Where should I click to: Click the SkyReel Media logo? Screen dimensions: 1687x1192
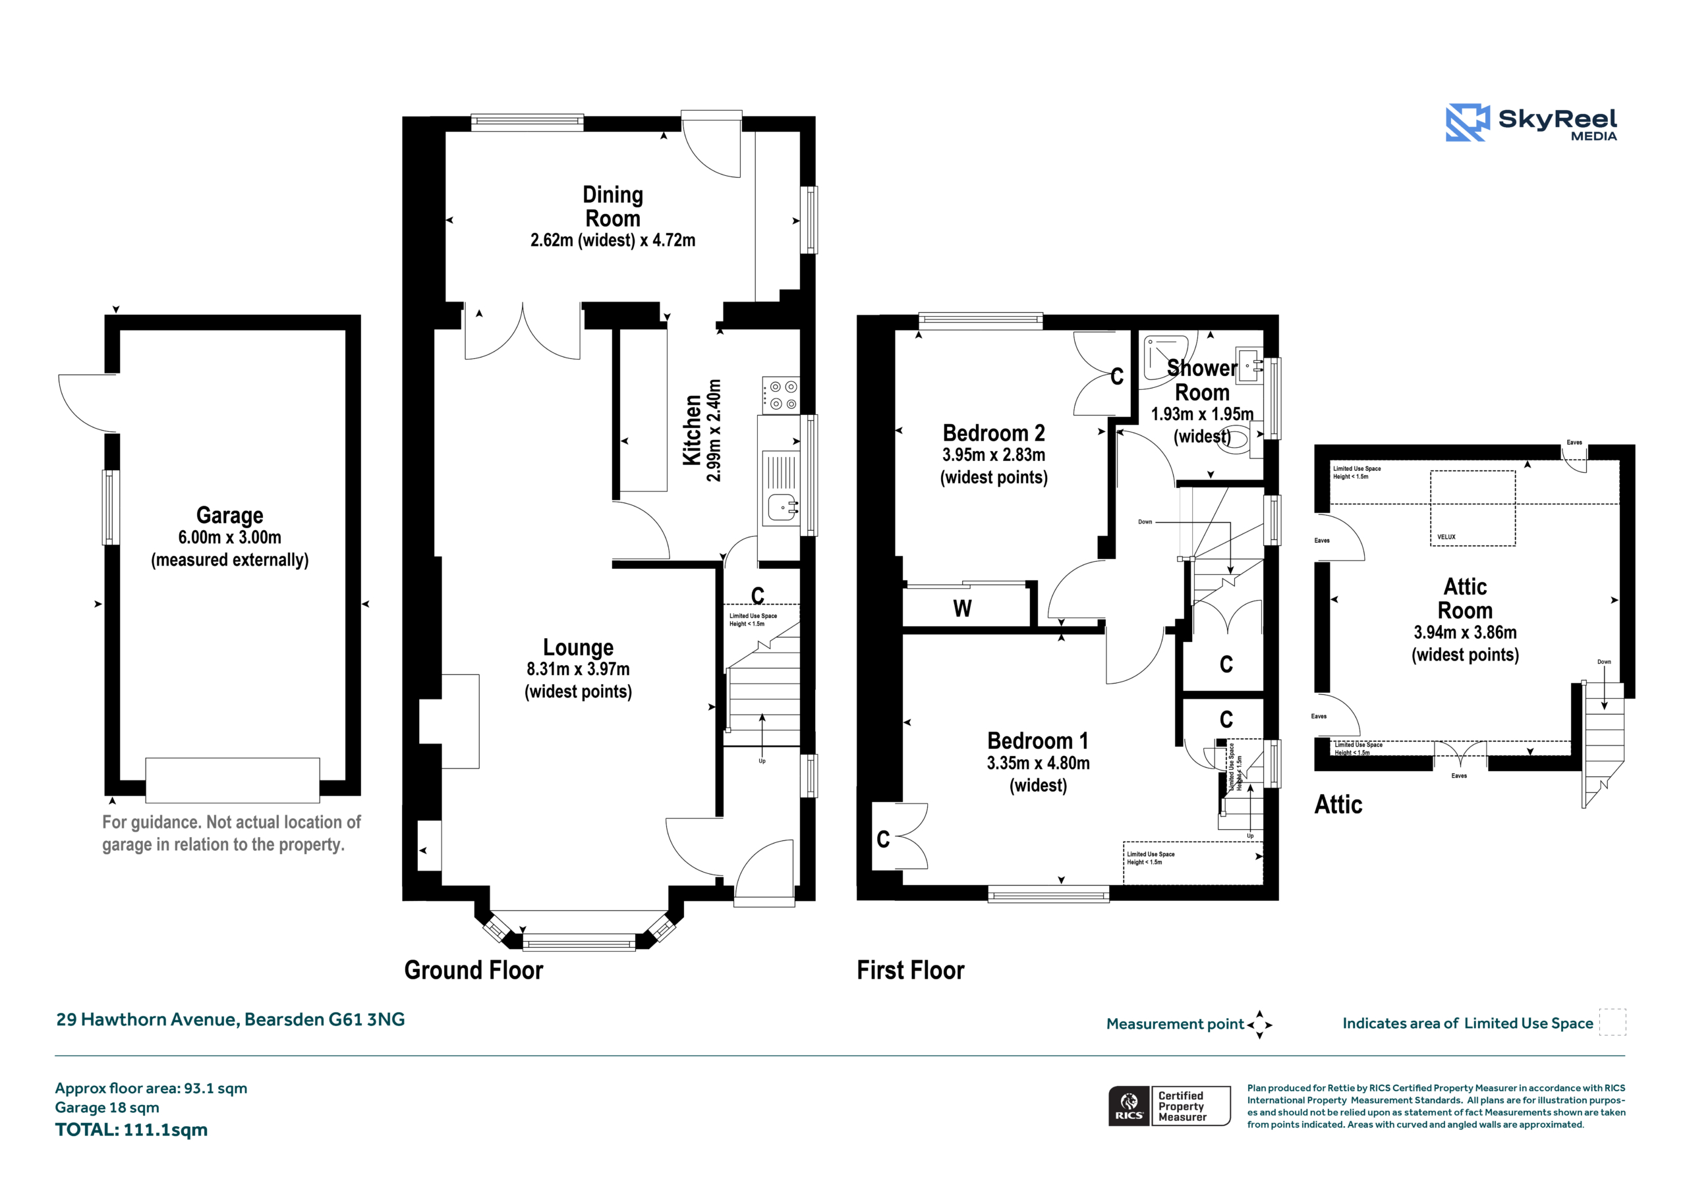point(1531,122)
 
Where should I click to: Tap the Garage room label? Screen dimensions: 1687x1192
point(229,515)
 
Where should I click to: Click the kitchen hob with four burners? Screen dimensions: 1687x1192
point(780,395)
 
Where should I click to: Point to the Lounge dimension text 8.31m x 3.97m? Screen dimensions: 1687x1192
point(577,669)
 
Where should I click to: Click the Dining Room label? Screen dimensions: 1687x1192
point(612,206)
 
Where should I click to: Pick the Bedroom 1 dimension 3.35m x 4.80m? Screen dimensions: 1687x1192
point(1037,763)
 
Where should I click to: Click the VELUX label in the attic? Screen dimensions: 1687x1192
point(1446,537)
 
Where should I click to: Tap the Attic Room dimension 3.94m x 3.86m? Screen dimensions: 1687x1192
point(1464,632)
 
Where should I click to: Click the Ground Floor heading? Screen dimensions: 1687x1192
point(473,970)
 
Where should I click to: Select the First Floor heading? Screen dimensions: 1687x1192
point(910,970)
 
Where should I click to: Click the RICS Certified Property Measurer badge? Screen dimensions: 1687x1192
point(1169,1106)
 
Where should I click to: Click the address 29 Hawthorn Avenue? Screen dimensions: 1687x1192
point(147,1019)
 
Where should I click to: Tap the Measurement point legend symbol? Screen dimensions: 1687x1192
point(1259,1025)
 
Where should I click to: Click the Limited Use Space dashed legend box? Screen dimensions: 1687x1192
point(1613,1022)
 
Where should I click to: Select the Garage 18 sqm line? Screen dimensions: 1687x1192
point(107,1108)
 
